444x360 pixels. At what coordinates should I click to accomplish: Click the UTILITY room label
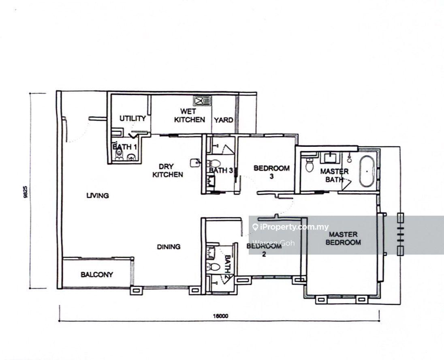(132, 118)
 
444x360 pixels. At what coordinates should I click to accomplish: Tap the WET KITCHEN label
(190, 116)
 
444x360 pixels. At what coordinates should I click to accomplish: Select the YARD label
(223, 120)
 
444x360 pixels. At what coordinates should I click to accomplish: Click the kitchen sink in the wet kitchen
(202, 101)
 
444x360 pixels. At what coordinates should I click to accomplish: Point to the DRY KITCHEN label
(168, 170)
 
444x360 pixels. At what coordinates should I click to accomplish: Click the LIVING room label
(98, 195)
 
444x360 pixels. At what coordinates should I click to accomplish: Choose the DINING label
(169, 247)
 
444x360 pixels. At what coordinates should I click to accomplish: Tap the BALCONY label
(97, 274)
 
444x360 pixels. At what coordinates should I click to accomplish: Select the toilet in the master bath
(309, 165)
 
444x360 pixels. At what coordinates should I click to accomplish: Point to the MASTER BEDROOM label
(343, 238)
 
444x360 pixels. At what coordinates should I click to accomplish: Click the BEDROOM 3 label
(271, 172)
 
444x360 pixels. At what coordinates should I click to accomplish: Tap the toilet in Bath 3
(214, 163)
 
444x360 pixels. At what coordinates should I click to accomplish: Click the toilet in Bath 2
(213, 267)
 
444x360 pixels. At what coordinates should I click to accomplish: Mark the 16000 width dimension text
(220, 316)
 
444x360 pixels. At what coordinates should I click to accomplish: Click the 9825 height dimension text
(26, 191)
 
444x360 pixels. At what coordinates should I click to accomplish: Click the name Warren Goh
(273, 243)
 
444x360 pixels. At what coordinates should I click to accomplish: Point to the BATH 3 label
(221, 170)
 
